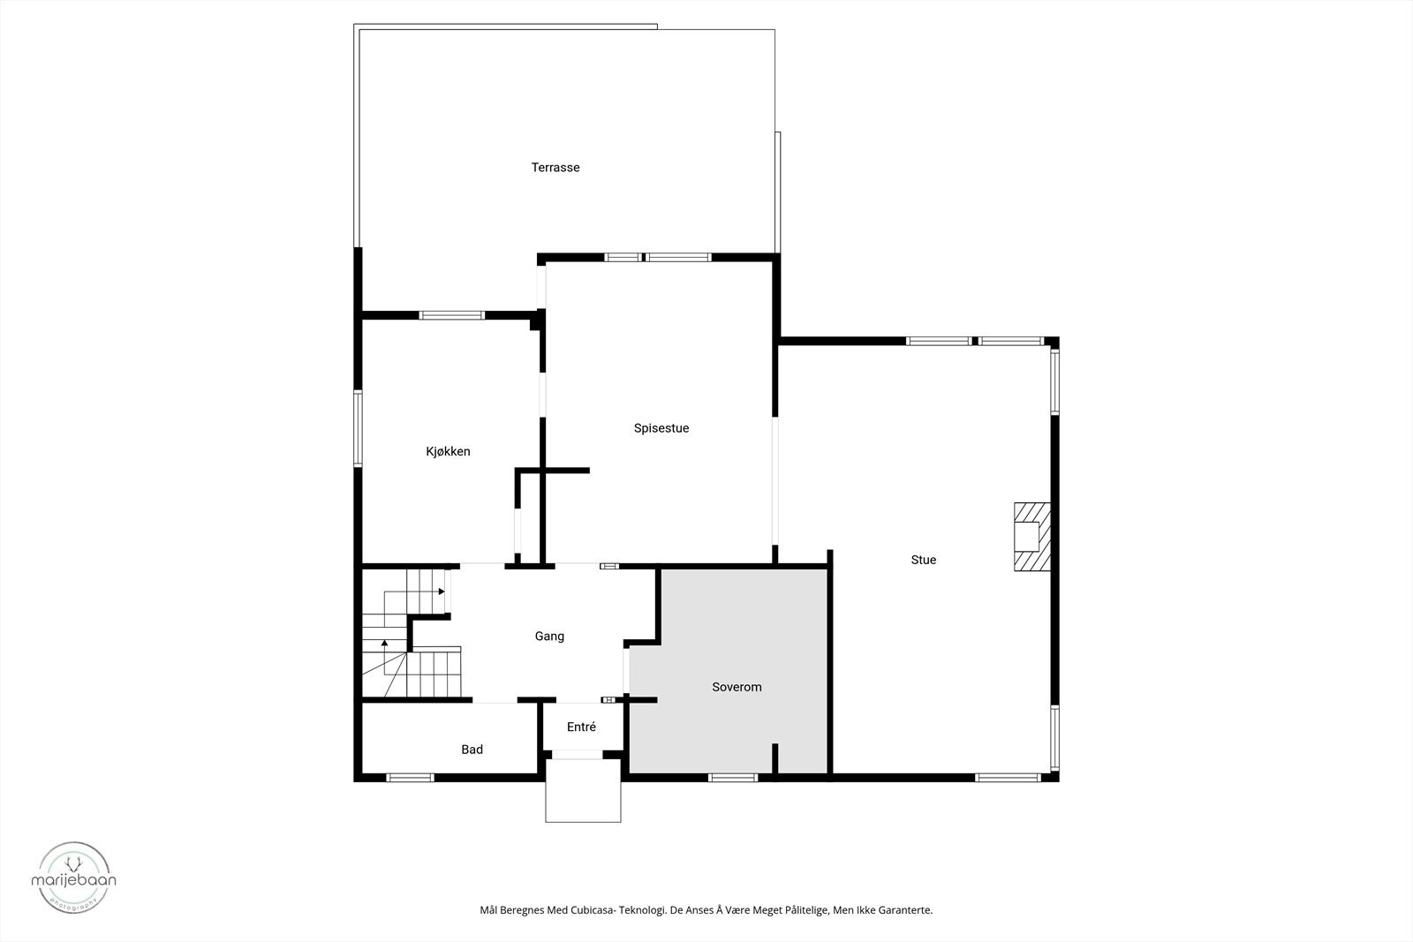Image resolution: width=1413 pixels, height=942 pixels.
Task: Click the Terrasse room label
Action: click(555, 168)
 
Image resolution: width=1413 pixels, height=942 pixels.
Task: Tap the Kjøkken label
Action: click(448, 452)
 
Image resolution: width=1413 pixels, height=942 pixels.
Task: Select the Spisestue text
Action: click(661, 429)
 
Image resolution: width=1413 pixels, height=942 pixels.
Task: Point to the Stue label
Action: click(924, 560)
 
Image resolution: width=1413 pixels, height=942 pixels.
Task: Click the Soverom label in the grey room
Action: click(737, 687)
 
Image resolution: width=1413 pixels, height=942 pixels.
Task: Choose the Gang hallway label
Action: click(549, 637)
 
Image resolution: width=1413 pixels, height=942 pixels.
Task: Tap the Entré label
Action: click(581, 727)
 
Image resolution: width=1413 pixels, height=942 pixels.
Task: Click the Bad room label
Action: click(472, 750)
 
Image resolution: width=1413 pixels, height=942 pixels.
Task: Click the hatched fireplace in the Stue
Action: click(1031, 537)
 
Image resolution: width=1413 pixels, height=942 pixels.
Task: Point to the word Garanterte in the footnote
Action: click(903, 910)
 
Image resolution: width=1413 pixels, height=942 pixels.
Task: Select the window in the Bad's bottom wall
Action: click(410, 778)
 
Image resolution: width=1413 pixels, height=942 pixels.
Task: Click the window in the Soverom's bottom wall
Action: click(733, 778)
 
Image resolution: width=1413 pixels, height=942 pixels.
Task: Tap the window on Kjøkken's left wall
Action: click(359, 428)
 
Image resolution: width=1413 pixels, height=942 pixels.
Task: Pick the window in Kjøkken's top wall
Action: click(451, 315)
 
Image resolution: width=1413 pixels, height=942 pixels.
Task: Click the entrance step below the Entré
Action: click(583, 790)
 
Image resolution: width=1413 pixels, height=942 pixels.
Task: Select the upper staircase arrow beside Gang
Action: click(441, 592)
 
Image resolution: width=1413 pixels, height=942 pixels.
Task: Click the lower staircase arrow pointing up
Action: click(384, 644)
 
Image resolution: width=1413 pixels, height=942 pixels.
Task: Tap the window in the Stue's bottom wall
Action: click(1008, 778)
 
